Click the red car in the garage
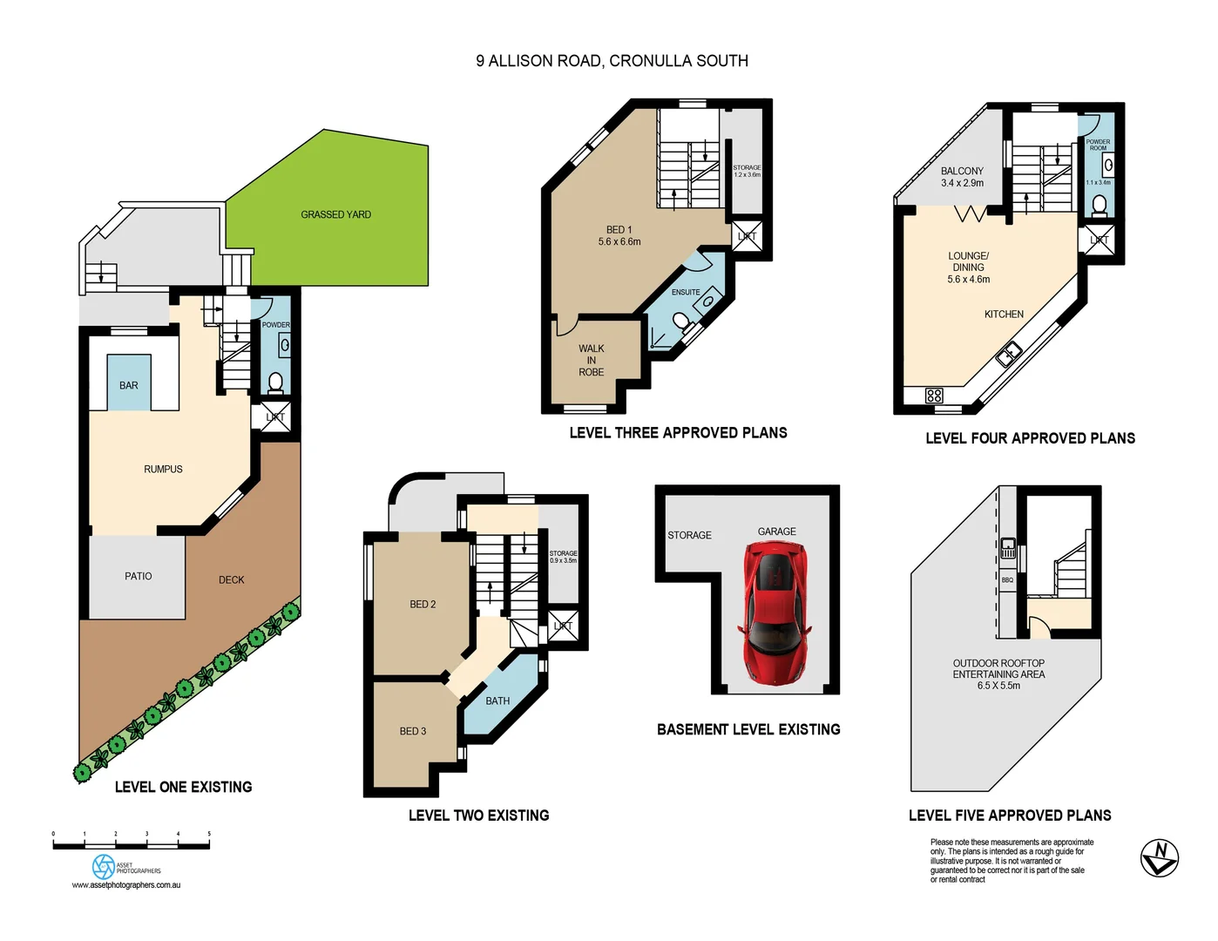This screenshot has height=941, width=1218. coord(775,613)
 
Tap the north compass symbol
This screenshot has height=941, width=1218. coord(1159,857)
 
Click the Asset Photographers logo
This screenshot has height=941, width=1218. coord(104,866)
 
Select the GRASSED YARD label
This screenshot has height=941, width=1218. coord(335,214)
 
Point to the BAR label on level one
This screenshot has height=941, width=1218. coord(129,385)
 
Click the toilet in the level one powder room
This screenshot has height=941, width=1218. coord(275,382)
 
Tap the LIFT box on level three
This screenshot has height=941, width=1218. coord(747,237)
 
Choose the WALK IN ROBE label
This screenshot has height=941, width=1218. coord(591,360)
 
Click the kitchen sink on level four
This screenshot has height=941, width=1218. coord(1009,354)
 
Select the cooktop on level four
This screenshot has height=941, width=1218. coord(934,396)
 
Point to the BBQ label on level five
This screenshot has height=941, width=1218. coord(1007,579)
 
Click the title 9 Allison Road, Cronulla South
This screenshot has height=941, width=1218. coord(612,61)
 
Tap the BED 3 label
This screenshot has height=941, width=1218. coord(413,731)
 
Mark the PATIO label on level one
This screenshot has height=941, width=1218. coord(138,576)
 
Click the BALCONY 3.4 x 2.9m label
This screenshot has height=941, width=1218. coord(962,177)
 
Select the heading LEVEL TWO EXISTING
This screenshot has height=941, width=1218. coord(478,816)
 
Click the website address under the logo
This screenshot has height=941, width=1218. coord(126,885)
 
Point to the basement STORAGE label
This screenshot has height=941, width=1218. coord(689,535)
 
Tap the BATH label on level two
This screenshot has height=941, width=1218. coord(497,701)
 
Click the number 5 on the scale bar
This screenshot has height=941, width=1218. coord(209,834)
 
